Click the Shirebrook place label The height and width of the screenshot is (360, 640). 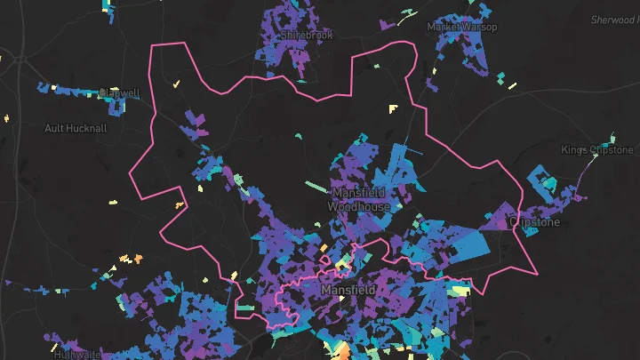tap(306, 35)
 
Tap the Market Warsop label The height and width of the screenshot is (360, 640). tap(461, 27)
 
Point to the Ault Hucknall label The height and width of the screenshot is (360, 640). tap(76, 128)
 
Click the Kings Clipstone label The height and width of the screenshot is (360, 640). tap(597, 149)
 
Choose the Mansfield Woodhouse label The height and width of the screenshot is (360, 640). tap(358, 199)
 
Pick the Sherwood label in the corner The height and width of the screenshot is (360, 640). tap(612, 20)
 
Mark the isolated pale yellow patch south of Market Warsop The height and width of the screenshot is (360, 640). tap(393, 108)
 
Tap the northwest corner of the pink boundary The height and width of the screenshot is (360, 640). tap(153, 44)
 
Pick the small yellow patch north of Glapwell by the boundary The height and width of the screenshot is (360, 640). tap(176, 84)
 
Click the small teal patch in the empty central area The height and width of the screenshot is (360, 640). tap(299, 135)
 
